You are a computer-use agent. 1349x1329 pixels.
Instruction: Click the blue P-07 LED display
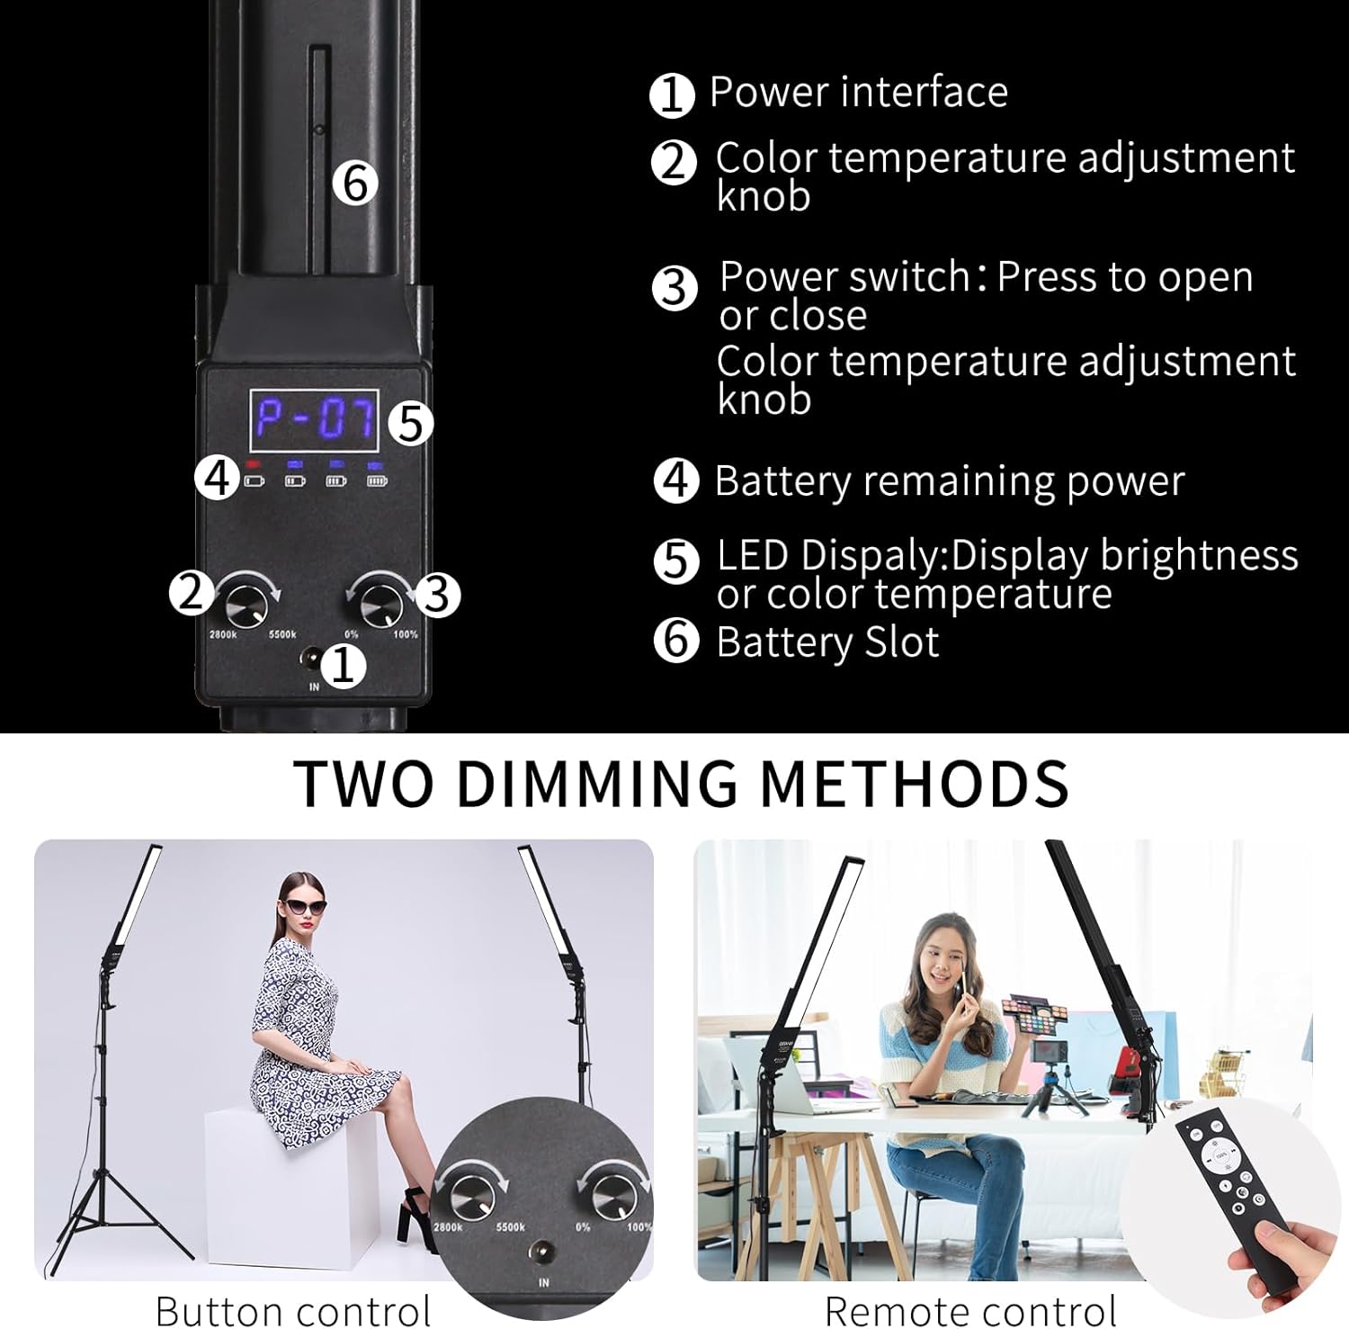(x=314, y=420)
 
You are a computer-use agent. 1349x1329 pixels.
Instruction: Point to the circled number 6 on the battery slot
(x=354, y=184)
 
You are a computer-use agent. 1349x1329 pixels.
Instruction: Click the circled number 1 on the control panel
(x=344, y=667)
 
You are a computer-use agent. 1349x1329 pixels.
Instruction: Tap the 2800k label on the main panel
(x=223, y=634)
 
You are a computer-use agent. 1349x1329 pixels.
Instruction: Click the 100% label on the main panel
(x=405, y=634)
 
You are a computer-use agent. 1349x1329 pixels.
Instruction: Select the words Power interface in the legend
(x=858, y=92)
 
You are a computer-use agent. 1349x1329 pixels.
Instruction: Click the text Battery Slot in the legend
(x=827, y=642)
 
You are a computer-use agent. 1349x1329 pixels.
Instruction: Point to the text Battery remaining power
(x=949, y=481)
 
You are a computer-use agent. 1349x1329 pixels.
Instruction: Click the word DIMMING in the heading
(x=597, y=783)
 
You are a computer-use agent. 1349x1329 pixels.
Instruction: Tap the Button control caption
(x=293, y=1309)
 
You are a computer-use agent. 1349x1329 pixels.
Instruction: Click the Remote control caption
(x=970, y=1309)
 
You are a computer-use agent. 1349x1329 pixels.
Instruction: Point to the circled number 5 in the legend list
(x=675, y=561)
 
